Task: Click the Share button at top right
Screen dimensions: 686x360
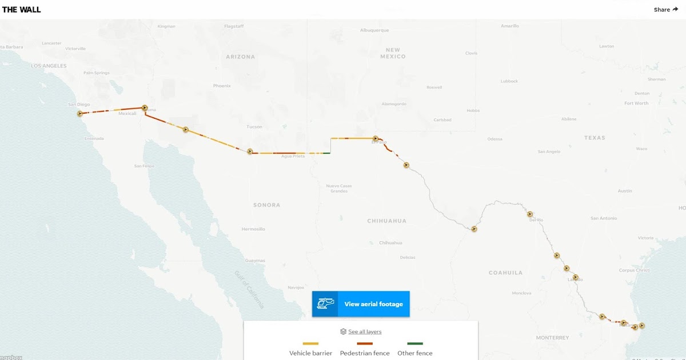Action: click(665, 10)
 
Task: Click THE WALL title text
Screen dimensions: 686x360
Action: click(21, 10)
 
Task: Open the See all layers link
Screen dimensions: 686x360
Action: click(361, 331)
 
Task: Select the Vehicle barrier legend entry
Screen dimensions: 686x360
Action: click(310, 353)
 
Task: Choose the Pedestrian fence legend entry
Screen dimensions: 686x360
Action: click(365, 353)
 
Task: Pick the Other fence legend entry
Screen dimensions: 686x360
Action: click(416, 353)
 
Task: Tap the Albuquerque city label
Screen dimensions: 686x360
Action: click(374, 30)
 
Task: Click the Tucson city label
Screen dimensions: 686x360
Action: click(254, 126)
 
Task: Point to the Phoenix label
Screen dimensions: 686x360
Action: click(222, 86)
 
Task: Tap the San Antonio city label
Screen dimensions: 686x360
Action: click(604, 218)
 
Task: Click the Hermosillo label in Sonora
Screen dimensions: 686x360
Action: click(253, 229)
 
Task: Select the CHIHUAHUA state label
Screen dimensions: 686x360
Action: click(386, 221)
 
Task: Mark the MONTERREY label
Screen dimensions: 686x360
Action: click(552, 338)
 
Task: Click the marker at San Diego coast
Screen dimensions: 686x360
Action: click(80, 113)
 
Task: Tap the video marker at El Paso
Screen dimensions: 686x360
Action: click(375, 138)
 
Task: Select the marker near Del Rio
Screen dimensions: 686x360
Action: click(530, 214)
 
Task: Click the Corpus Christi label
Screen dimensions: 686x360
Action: click(635, 270)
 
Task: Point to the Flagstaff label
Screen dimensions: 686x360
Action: click(234, 26)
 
